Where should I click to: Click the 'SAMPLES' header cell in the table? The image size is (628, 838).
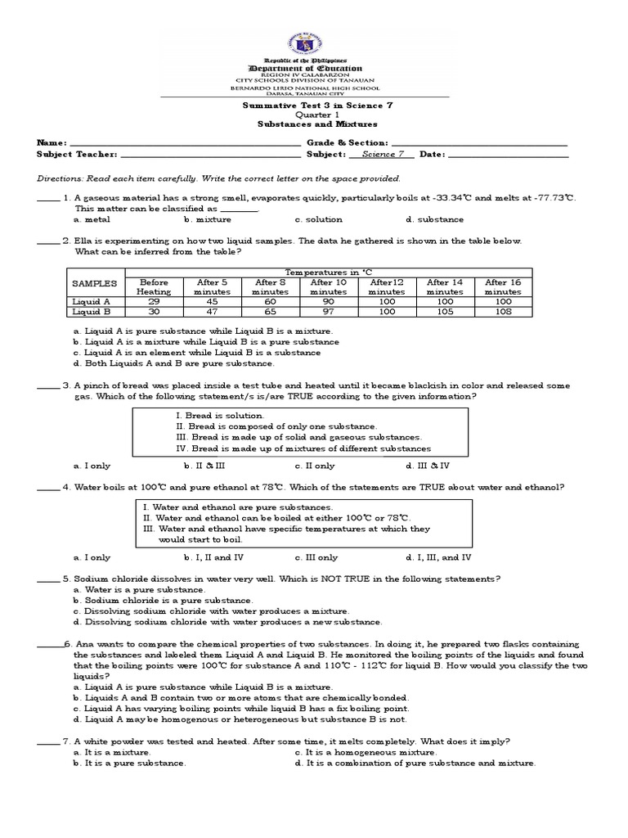pos(95,283)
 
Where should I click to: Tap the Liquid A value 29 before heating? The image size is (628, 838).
pos(153,301)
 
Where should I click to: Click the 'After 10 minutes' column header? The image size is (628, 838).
pos(328,286)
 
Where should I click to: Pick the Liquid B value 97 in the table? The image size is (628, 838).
pos(328,312)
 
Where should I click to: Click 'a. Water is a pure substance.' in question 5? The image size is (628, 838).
pos(139,589)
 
